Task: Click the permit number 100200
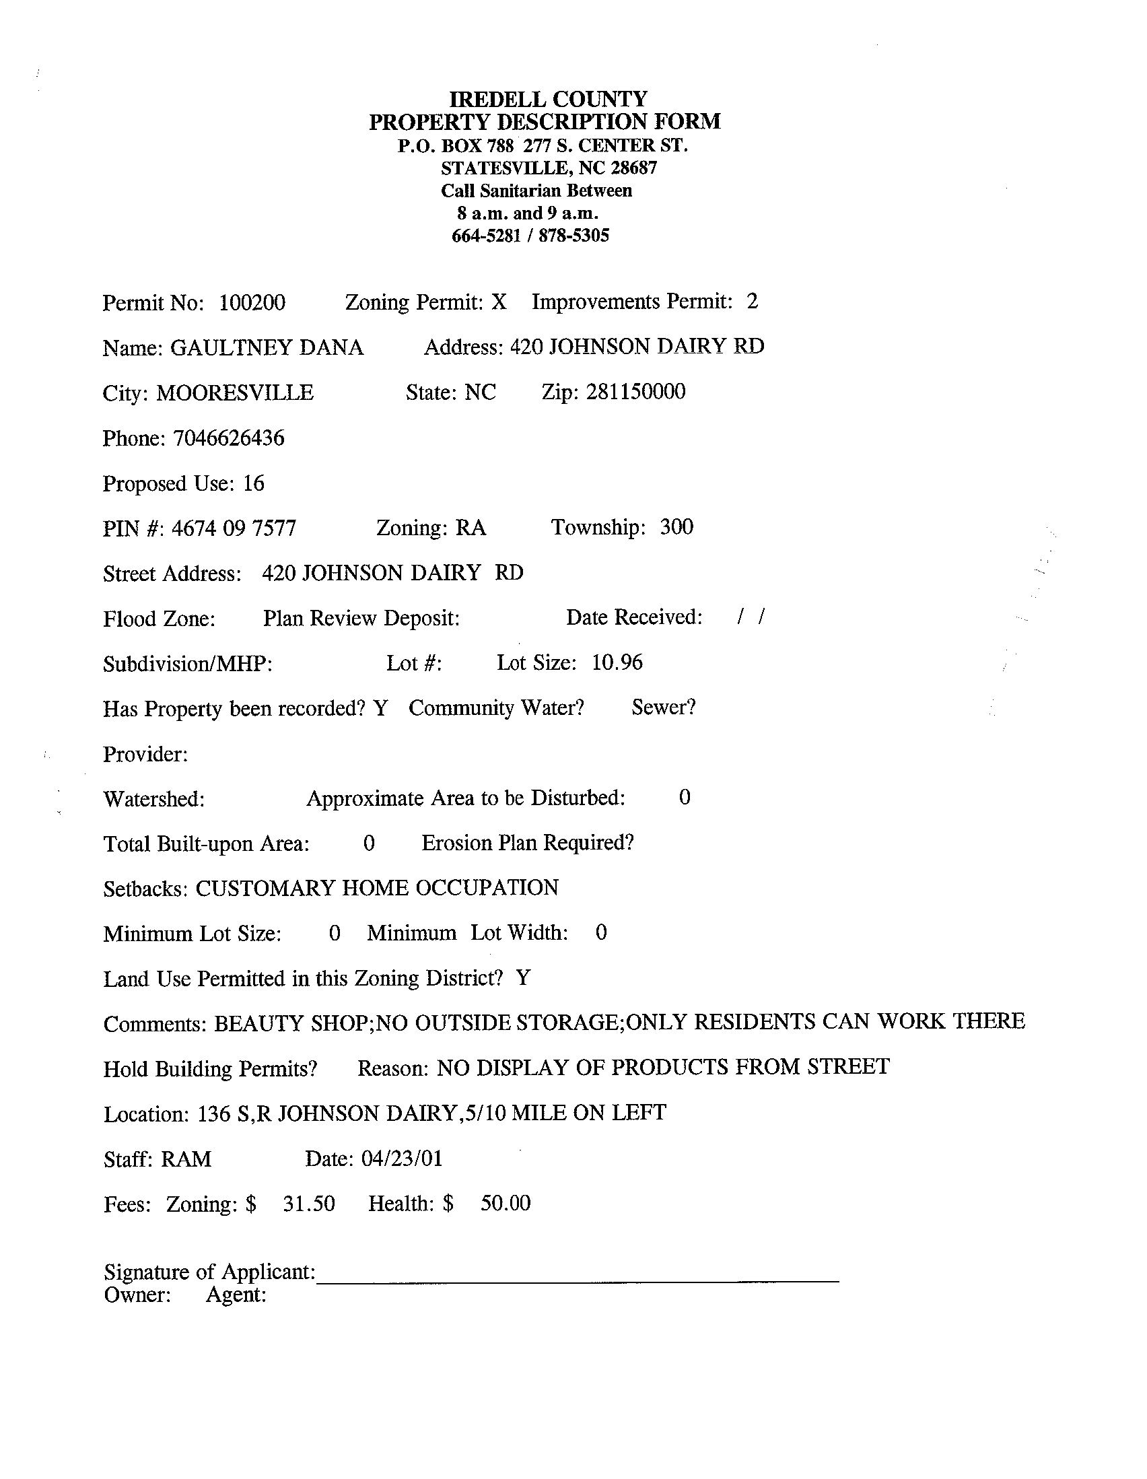point(252,303)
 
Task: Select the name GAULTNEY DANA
point(267,348)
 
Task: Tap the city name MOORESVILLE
point(235,393)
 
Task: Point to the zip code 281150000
point(636,392)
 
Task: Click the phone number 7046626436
point(229,439)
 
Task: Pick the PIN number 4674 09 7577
point(234,528)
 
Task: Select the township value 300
point(676,527)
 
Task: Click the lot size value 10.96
point(617,662)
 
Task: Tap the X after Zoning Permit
point(499,302)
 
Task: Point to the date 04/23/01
point(403,1159)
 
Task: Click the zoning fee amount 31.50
point(309,1204)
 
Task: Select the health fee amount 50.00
point(506,1204)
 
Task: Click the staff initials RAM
point(186,1159)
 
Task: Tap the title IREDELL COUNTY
point(549,100)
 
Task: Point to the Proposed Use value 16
point(254,483)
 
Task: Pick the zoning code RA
point(471,528)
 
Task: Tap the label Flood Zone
point(159,619)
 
